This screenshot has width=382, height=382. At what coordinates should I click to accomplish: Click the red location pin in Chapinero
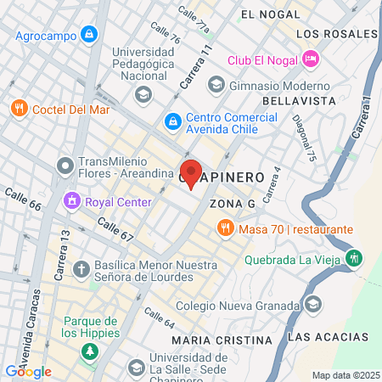pyautogui.click(x=191, y=171)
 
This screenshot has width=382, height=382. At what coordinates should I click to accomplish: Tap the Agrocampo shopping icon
pyautogui.click(x=89, y=35)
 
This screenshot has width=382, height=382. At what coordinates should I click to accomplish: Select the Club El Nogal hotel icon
pyautogui.click(x=311, y=59)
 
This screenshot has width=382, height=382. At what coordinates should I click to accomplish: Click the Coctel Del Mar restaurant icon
pyautogui.click(x=19, y=109)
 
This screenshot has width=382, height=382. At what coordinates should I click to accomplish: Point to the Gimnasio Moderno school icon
pyautogui.click(x=216, y=84)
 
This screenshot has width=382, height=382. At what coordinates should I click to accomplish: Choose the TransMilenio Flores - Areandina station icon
pyautogui.click(x=65, y=164)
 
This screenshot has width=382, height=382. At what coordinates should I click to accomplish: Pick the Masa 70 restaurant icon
pyautogui.click(x=225, y=228)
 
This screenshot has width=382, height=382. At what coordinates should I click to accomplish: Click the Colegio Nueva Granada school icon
pyautogui.click(x=313, y=304)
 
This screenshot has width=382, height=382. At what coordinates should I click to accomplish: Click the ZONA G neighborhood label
pyautogui.click(x=232, y=205)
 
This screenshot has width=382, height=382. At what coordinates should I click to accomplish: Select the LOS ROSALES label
pyautogui.click(x=336, y=33)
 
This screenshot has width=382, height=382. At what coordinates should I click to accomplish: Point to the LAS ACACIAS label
pyautogui.click(x=329, y=337)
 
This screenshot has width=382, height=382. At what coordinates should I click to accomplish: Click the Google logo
pyautogui.click(x=28, y=371)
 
